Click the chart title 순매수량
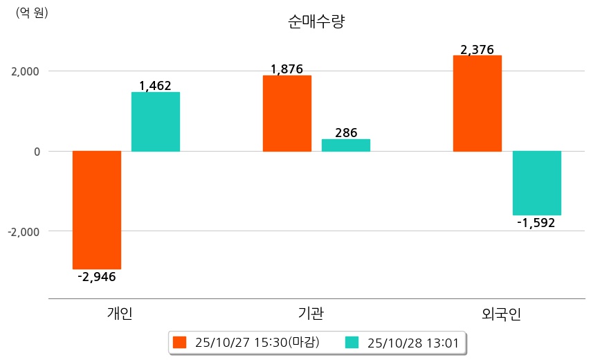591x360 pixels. (x=316, y=21)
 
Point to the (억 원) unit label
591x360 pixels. (x=32, y=12)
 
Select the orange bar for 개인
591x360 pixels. (x=97, y=210)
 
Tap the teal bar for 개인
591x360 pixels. (x=156, y=122)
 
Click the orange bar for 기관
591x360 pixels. (x=287, y=114)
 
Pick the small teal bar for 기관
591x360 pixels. (x=346, y=145)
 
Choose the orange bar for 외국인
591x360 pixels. (x=478, y=103)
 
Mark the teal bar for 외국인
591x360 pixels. (x=536, y=183)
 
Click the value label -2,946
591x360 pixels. (x=96, y=277)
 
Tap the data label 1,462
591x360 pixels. (x=155, y=86)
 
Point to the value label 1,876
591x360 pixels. (x=287, y=69)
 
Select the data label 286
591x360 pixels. (x=346, y=132)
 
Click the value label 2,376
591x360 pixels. (x=477, y=49)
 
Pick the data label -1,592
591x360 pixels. (x=536, y=223)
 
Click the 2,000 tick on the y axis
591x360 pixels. (x=25, y=71)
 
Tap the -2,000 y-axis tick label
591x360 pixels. (x=24, y=231)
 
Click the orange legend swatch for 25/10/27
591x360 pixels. (x=180, y=342)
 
